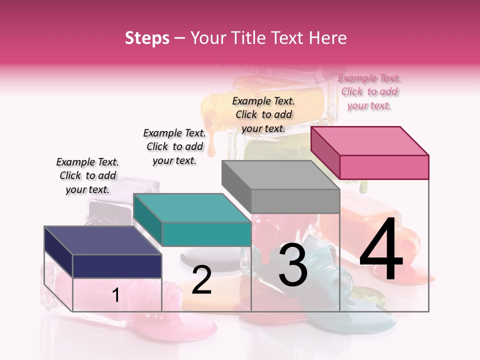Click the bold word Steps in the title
tap(147, 38)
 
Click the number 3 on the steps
tap(293, 265)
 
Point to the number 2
tap(202, 280)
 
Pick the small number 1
tap(115, 295)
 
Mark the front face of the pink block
tap(384, 167)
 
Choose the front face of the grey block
tap(295, 201)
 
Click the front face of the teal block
tap(206, 234)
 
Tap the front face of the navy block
tap(117, 266)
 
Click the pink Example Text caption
tap(369, 91)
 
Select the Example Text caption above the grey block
tap(263, 114)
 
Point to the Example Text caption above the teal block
tap(174, 146)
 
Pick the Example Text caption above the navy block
tap(87, 175)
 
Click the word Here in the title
tap(328, 38)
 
